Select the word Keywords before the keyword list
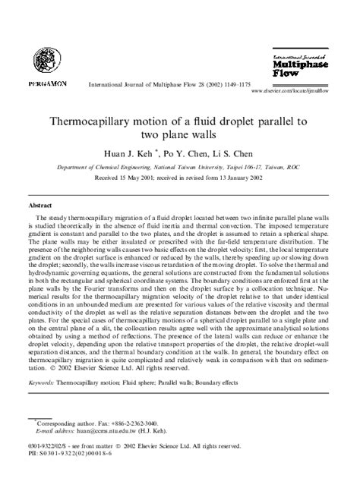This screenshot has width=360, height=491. click(x=41, y=384)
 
